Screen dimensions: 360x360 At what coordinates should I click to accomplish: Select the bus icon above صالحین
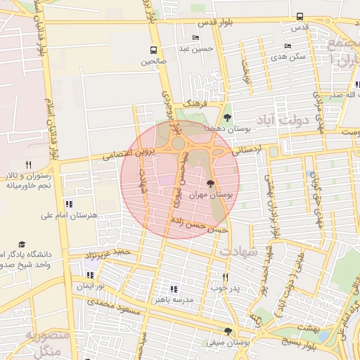(x=154, y=50)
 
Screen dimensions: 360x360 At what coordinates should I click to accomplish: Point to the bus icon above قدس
(x=300, y=16)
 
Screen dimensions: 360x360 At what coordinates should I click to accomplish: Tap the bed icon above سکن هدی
(x=288, y=46)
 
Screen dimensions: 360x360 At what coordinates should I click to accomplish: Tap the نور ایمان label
(x=91, y=286)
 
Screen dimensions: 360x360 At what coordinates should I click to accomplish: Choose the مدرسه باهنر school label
(x=179, y=300)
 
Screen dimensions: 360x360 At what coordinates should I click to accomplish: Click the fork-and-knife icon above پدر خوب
(x=225, y=277)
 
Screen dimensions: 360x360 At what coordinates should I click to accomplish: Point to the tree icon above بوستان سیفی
(x=226, y=331)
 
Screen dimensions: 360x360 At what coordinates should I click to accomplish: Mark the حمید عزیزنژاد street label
(x=105, y=252)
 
